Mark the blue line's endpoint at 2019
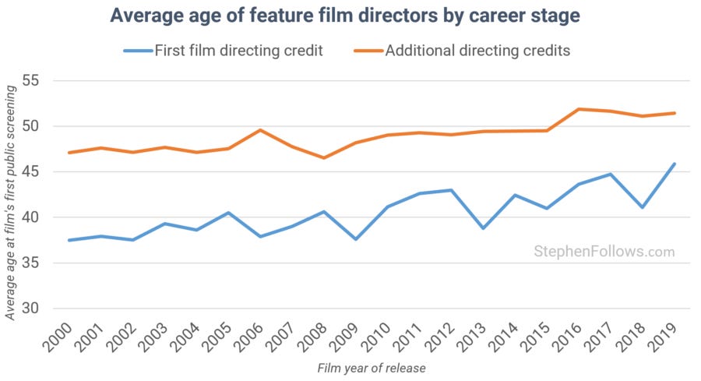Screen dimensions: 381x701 (x=675, y=164)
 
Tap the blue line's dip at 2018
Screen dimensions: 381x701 (x=643, y=207)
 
